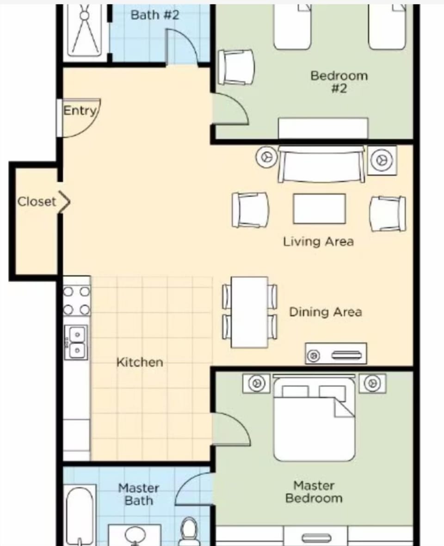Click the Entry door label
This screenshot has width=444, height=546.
(x=80, y=111)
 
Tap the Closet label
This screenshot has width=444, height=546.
(x=37, y=202)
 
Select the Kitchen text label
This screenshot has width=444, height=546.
(x=139, y=362)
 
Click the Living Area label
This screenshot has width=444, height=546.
(x=318, y=241)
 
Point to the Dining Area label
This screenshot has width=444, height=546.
(x=325, y=312)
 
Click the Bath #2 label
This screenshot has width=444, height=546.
(x=154, y=15)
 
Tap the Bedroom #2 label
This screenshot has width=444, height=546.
(x=339, y=81)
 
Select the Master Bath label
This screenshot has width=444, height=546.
(x=138, y=494)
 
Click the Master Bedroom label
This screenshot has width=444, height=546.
(x=314, y=492)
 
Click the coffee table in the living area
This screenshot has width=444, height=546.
(x=319, y=209)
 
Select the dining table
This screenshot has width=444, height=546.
(x=249, y=312)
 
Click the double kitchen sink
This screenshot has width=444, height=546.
(x=75, y=342)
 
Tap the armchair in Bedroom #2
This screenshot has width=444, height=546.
(x=236, y=67)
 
